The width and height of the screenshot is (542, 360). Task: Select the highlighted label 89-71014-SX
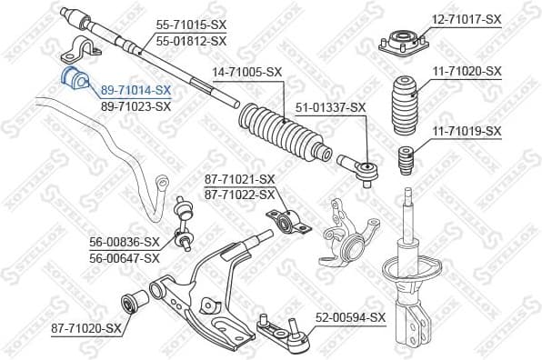point(135,90)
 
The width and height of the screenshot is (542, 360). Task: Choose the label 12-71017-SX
point(466,18)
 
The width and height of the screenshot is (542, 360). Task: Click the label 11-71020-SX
point(466,70)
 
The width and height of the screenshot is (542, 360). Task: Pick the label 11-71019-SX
point(466,131)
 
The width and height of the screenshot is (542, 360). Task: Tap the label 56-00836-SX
point(125,242)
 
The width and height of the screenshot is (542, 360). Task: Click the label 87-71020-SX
point(87,327)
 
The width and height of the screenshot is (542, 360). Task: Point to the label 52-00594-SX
point(351,317)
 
